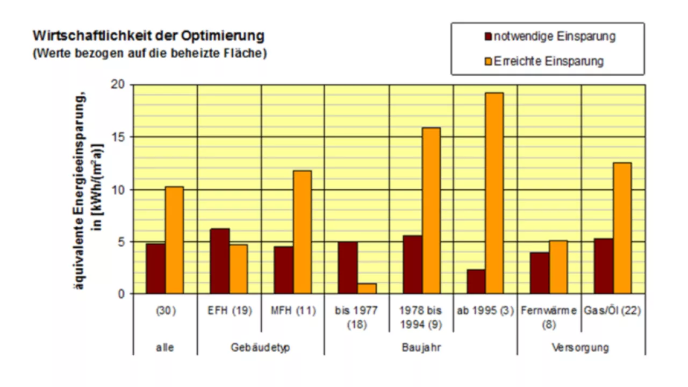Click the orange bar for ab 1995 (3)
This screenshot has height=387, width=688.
[x=493, y=193]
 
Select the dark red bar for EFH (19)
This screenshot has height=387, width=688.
[x=219, y=261]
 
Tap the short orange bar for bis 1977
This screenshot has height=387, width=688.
[x=367, y=289]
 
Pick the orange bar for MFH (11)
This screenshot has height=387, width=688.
[x=302, y=232]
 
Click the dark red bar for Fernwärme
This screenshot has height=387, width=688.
[x=539, y=273]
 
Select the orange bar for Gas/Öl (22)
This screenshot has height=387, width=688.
[x=622, y=228]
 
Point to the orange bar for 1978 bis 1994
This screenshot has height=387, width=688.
[x=431, y=211]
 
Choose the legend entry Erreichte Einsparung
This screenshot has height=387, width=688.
[x=548, y=61]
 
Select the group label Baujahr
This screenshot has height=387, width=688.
[x=421, y=347]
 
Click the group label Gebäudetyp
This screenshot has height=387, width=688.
[x=261, y=347]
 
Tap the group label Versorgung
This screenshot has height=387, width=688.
[x=580, y=347]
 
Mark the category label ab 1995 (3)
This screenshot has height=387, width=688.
[x=485, y=311]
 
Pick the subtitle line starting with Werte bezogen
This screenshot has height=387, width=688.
[x=149, y=54]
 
